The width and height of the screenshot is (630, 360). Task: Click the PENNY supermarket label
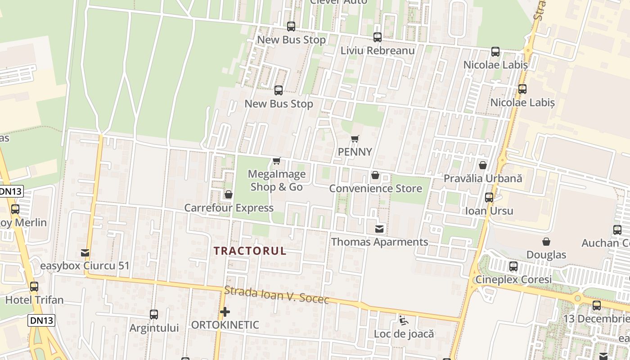click(x=355, y=152)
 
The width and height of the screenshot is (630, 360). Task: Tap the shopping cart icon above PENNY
click(x=355, y=139)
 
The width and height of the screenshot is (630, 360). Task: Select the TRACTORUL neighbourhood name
click(x=250, y=251)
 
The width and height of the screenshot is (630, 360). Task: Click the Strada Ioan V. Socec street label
click(x=277, y=296)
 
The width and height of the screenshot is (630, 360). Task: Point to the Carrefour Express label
click(x=229, y=208)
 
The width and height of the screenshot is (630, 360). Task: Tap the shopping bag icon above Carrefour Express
click(x=228, y=194)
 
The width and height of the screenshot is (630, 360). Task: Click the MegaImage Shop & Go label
click(x=277, y=180)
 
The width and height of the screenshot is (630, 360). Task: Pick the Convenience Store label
click(x=375, y=189)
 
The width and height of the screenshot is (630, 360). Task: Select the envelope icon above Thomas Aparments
click(x=380, y=229)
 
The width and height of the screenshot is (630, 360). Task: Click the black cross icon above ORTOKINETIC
click(x=225, y=311)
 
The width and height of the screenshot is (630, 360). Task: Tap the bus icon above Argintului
click(x=154, y=314)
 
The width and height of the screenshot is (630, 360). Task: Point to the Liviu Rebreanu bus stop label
click(x=377, y=50)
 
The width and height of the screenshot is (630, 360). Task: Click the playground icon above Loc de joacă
click(x=404, y=320)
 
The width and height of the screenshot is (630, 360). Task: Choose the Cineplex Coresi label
click(x=513, y=279)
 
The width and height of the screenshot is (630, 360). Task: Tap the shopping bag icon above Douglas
click(x=546, y=242)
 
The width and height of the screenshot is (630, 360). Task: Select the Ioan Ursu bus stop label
click(x=489, y=211)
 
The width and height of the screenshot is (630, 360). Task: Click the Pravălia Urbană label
click(x=483, y=178)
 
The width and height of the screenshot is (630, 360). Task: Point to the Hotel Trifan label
click(x=34, y=300)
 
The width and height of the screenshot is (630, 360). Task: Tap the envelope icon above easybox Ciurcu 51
click(x=85, y=252)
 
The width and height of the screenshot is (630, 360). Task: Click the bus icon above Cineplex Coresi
click(x=513, y=266)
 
